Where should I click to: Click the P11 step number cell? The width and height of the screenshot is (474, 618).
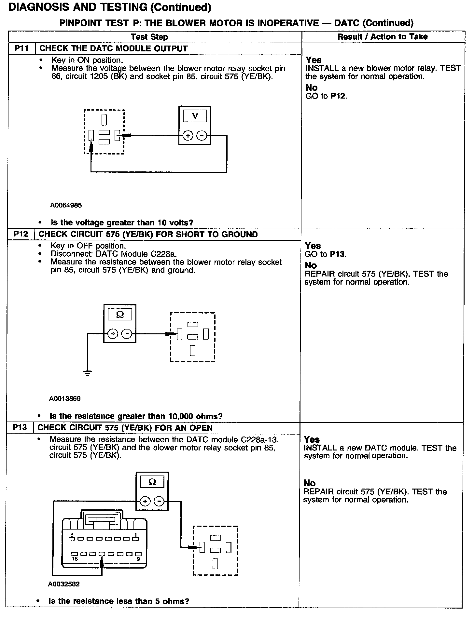click(x=21, y=49)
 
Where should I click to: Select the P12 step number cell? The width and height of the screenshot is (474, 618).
click(x=21, y=235)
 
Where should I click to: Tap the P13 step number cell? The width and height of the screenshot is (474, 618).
click(x=20, y=427)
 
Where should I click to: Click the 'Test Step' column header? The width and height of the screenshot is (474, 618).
click(x=149, y=37)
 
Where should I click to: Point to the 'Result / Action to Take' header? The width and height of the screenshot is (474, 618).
click(x=383, y=37)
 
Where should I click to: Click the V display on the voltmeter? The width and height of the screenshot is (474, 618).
click(x=195, y=116)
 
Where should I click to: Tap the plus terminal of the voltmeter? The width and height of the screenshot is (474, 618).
click(x=188, y=136)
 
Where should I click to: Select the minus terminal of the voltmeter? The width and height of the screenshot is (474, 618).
click(x=202, y=136)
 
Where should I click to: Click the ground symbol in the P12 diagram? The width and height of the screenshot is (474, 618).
click(x=88, y=373)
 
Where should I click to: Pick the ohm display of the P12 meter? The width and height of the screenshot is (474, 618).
click(x=120, y=315)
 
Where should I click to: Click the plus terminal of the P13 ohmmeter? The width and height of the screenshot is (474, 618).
click(x=145, y=501)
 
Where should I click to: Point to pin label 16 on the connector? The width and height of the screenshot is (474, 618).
click(x=75, y=559)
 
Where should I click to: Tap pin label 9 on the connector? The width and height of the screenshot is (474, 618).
click(x=138, y=559)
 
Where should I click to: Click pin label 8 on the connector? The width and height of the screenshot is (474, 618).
click(x=72, y=534)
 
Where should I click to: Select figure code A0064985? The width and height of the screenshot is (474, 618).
click(x=66, y=205)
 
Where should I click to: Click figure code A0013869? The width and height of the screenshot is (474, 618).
click(x=65, y=398)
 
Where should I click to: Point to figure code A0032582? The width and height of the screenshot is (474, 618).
click(x=64, y=584)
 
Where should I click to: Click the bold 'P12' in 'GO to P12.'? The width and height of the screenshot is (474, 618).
click(x=338, y=96)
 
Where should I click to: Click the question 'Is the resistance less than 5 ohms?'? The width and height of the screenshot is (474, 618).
click(x=119, y=601)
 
